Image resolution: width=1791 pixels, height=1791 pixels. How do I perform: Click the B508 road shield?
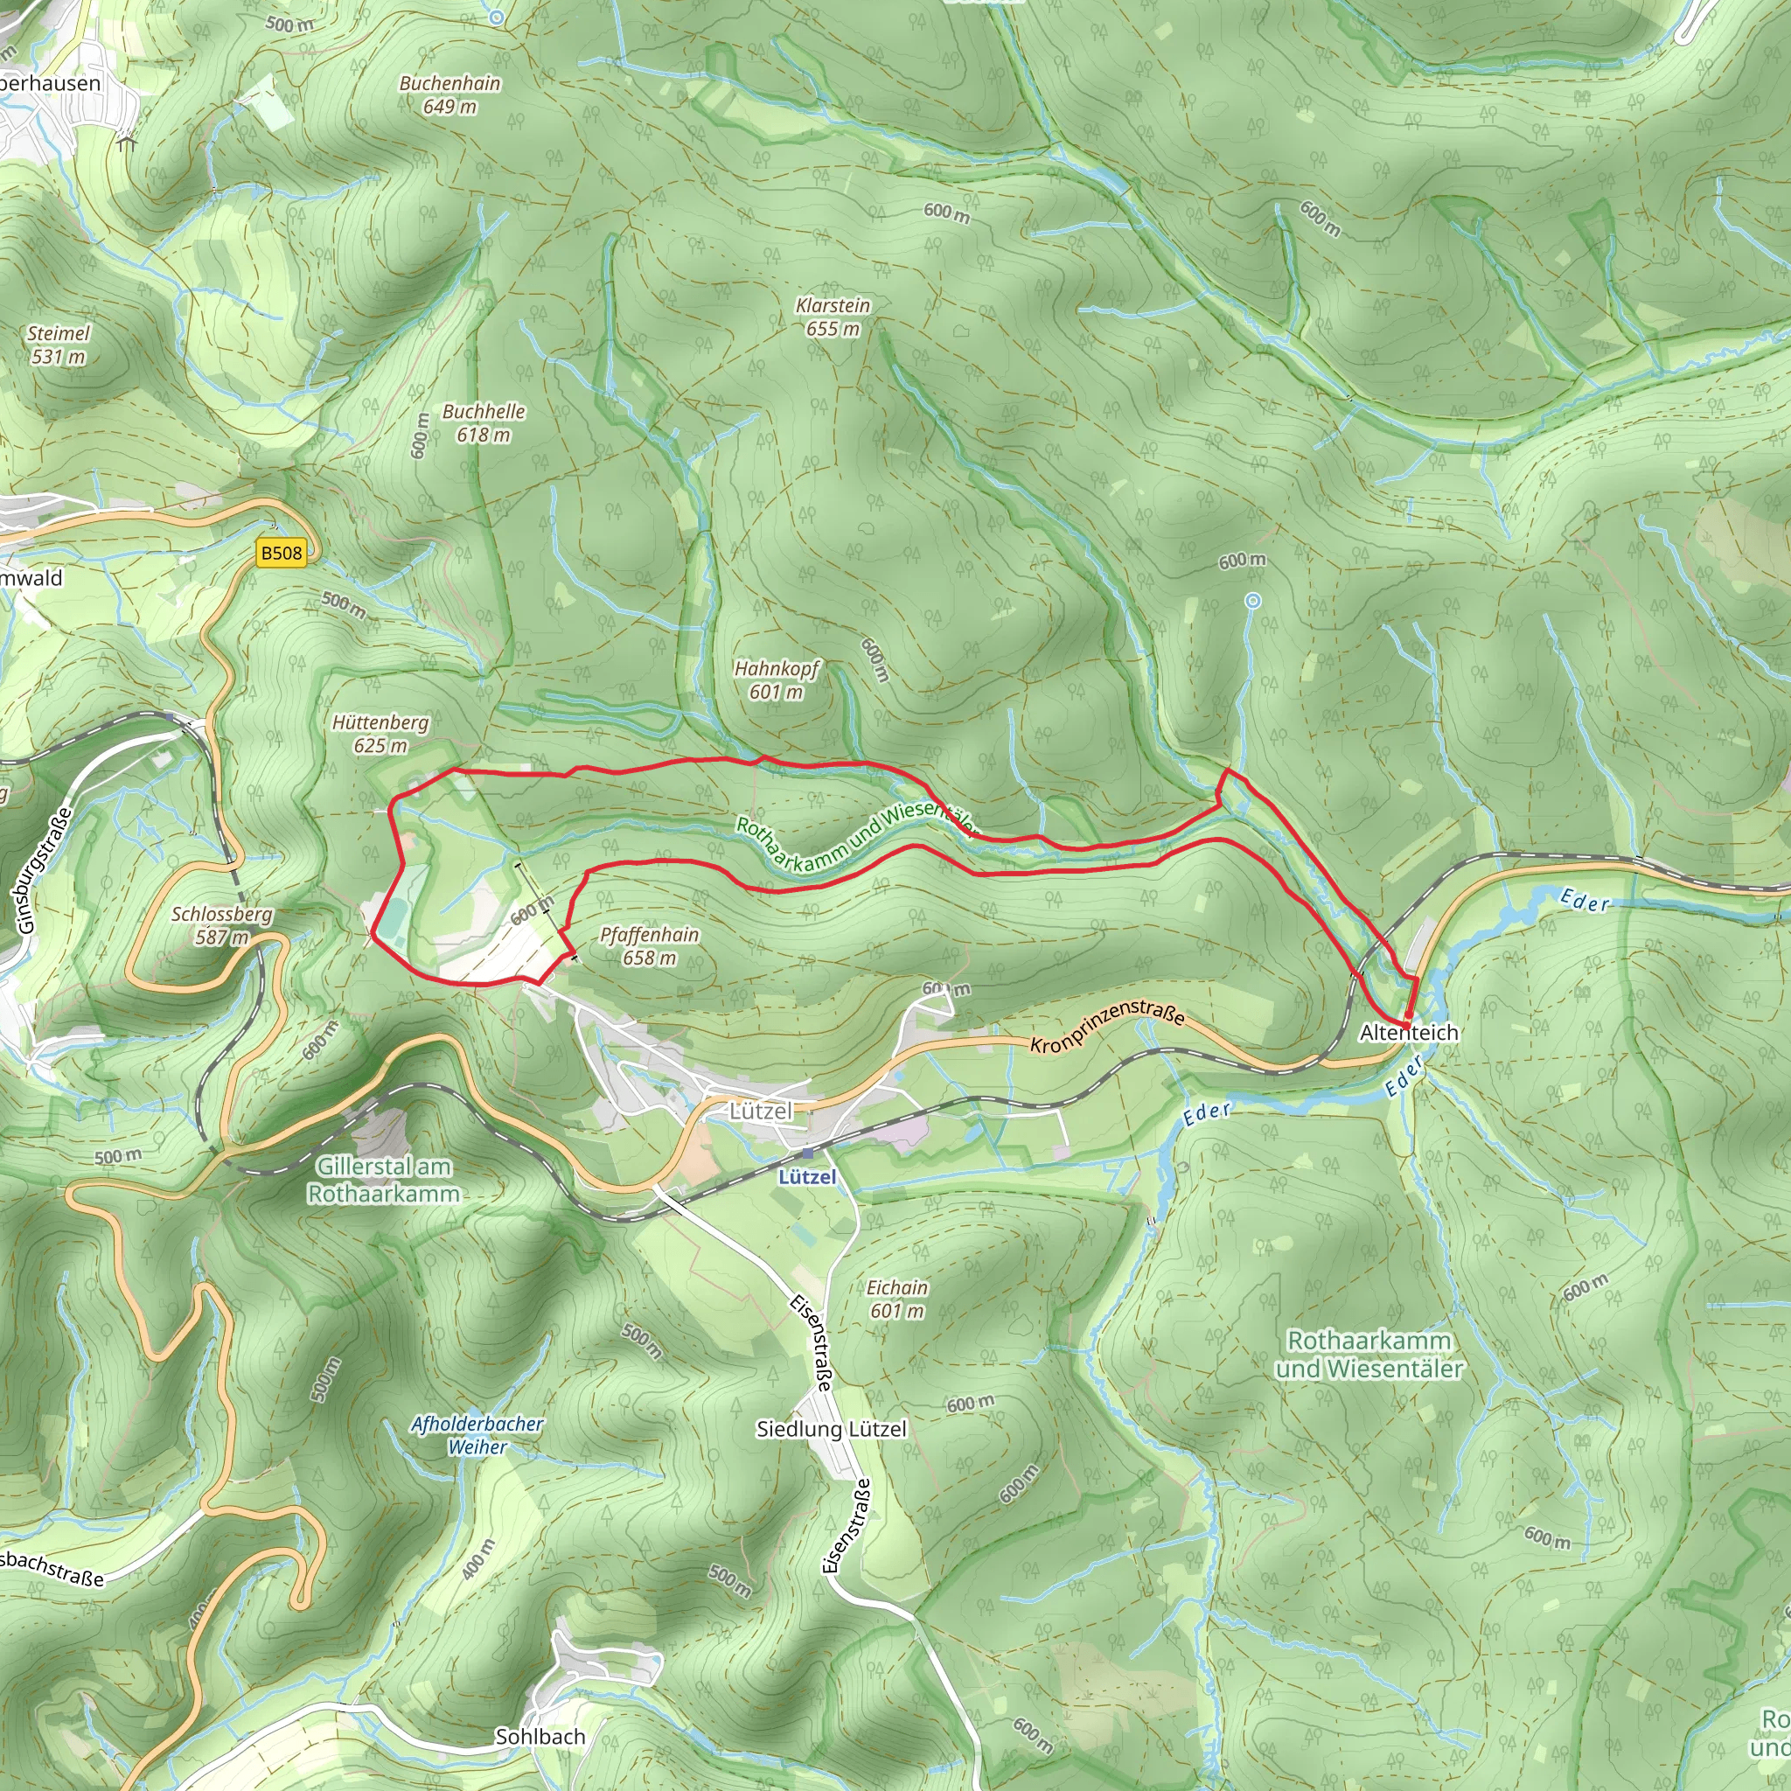tap(281, 554)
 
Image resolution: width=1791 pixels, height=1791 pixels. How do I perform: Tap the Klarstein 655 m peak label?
tap(833, 317)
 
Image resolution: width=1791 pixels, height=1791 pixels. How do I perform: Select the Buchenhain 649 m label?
tap(449, 94)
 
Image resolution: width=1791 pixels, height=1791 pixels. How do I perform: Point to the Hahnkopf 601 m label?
tap(777, 679)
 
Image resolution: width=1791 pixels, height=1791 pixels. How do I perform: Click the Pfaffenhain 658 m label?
tap(649, 945)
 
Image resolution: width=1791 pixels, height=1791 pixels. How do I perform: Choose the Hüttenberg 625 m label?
tap(380, 733)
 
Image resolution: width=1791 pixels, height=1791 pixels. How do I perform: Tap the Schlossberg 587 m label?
tap(222, 925)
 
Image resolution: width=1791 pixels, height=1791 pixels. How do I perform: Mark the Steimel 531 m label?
tap(59, 344)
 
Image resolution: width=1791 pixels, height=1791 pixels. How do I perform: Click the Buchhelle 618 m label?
tap(483, 422)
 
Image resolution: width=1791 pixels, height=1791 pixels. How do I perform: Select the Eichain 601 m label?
tap(896, 1299)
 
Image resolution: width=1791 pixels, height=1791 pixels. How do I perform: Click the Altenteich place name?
tap(1408, 1033)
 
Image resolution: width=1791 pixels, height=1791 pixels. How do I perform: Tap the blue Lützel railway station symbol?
tap(808, 1153)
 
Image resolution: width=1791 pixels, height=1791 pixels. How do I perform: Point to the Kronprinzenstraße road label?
tap(1107, 1025)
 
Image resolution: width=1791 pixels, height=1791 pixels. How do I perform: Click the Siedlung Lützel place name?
tap(831, 1430)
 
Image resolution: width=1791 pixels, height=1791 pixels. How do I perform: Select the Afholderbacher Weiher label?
tap(477, 1435)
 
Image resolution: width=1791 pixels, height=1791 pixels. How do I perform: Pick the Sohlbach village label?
tap(540, 1736)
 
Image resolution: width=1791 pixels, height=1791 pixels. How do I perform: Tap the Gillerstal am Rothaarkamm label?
tap(383, 1180)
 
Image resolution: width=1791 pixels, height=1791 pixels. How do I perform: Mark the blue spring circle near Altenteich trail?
tap(1252, 601)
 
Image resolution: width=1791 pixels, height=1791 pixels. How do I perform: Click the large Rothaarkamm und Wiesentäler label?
tap(1369, 1355)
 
